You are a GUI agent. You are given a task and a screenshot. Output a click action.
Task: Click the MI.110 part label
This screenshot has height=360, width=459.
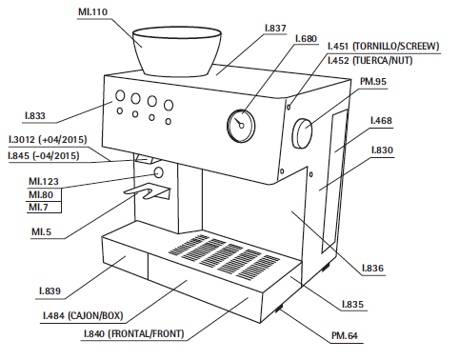pyautogui.click(x=92, y=12)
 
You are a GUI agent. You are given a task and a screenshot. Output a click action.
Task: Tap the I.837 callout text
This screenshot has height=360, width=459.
pyautogui.click(x=275, y=29)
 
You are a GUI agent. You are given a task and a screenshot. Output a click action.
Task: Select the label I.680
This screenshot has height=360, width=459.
pyautogui.click(x=306, y=39)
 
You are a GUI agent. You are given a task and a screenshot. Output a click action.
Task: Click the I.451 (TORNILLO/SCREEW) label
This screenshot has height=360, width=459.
pyautogui.click(x=383, y=47)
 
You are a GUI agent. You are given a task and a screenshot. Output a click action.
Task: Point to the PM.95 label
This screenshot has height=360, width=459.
pyautogui.click(x=373, y=82)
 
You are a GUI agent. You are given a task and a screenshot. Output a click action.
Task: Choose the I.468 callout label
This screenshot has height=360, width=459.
pyautogui.click(x=381, y=121)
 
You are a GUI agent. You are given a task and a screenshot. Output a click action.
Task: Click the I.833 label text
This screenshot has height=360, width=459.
pyautogui.click(x=35, y=115)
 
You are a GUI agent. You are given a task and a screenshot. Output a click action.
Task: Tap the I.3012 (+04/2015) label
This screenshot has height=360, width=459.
pyautogui.click(x=48, y=140)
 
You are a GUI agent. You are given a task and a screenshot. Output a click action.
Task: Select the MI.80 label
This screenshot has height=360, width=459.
pyautogui.click(x=41, y=194)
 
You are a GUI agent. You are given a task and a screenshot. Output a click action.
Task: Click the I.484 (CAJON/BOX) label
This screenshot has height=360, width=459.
pyautogui.click(x=83, y=315)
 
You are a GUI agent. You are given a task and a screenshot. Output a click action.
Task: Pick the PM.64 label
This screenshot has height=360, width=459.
pyautogui.click(x=345, y=335)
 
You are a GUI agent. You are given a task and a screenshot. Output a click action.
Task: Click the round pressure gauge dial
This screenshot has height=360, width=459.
pyautogui.click(x=241, y=126)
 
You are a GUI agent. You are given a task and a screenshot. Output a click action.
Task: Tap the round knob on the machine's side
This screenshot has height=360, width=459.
pyautogui.click(x=302, y=133)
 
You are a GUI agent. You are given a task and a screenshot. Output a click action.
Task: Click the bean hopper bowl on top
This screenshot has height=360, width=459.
pyautogui.click(x=176, y=51)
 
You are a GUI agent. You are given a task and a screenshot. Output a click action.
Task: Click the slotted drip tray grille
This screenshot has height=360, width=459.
pyautogui.click(x=224, y=256)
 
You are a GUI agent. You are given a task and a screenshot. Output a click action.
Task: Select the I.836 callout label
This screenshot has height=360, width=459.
pyautogui.click(x=373, y=269)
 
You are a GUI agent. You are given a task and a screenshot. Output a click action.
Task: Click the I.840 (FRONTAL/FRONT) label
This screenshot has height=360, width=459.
pyautogui.click(x=133, y=334)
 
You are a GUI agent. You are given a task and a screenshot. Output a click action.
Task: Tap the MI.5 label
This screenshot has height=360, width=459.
pyautogui.click(x=41, y=231)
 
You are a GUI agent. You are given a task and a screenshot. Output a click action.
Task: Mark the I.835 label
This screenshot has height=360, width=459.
pyautogui.click(x=352, y=305)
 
